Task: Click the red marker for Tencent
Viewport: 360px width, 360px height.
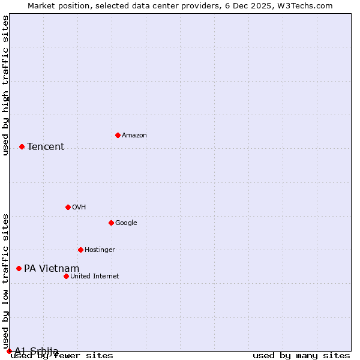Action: [22, 146]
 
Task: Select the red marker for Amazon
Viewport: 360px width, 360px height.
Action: [118, 135]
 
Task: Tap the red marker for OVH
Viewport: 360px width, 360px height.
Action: [68, 207]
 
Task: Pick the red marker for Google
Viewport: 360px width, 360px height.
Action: [111, 223]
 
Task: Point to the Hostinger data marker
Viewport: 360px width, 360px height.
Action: [80, 250]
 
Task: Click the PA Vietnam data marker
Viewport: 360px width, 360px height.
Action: [19, 268]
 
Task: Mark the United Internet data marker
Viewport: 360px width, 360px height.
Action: [66, 276]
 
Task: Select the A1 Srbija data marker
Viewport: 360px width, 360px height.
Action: [9, 351]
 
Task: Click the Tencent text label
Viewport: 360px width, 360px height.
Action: [46, 146]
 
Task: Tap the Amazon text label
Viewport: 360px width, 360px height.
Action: [134, 136]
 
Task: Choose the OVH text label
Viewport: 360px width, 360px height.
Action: [79, 208]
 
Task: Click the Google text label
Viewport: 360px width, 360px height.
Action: [126, 223]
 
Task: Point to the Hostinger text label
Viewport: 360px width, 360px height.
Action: [100, 250]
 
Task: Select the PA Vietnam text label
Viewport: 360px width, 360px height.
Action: [52, 268]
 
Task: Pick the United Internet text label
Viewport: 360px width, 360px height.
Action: [95, 277]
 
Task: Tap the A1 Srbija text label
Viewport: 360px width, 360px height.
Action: [37, 351]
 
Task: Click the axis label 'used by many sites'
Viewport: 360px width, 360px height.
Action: [301, 356]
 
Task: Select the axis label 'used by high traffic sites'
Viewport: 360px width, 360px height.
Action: [6, 85]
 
